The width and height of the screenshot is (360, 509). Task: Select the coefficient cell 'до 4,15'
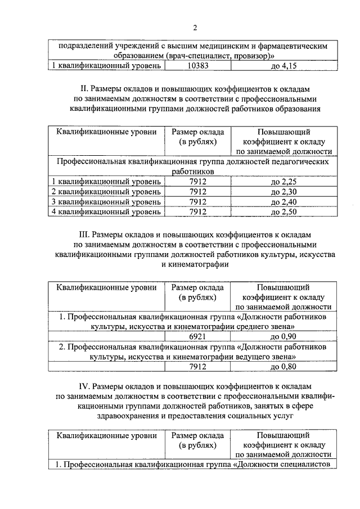[x=283, y=66]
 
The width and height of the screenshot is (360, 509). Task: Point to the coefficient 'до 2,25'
[x=283, y=182]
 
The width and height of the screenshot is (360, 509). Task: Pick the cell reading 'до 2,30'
[x=283, y=192]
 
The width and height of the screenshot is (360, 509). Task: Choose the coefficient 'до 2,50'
[x=283, y=212]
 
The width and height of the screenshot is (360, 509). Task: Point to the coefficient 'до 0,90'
[x=283, y=337]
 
